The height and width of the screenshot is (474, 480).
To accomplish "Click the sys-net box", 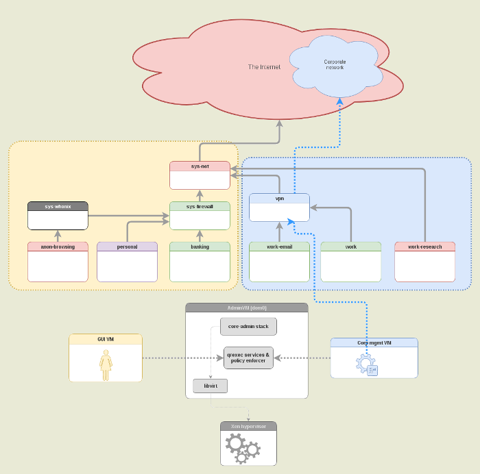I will (200, 175).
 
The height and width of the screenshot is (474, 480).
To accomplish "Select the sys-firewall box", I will (200, 216).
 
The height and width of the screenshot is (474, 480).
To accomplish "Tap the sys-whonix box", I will (58, 216).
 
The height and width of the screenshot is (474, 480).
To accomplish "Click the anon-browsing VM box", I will (58, 262).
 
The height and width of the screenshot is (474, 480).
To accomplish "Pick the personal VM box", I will (127, 262).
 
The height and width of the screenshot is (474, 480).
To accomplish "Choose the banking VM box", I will (200, 262).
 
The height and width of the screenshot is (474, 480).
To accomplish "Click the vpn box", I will (279, 208).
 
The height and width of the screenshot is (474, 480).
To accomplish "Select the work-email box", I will (279, 262).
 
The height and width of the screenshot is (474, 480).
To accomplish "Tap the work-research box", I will (424, 262).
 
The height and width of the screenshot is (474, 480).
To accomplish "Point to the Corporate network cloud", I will (335, 66).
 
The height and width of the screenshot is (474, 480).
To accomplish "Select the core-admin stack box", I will (248, 327).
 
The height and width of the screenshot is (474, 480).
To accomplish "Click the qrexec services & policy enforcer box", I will (248, 357).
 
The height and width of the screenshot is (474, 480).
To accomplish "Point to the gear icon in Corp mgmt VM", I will (365, 362).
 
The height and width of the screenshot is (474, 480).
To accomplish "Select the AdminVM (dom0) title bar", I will (247, 308).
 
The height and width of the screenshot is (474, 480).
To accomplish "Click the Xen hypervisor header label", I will (248, 426).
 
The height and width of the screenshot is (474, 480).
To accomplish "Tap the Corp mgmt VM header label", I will (374, 342).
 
